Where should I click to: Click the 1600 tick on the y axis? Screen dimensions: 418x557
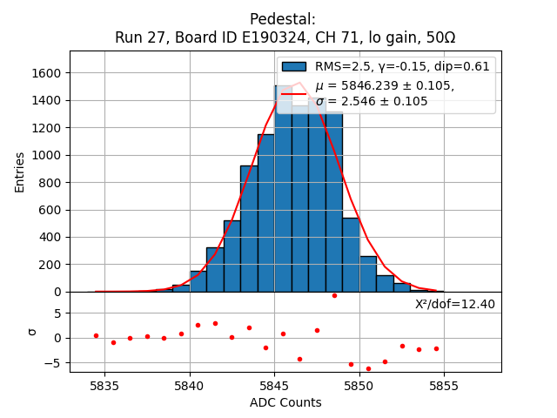[x=46, y=73]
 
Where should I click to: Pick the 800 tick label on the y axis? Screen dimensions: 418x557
[x=50, y=183]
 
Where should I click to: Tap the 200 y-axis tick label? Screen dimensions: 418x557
[x=50, y=265]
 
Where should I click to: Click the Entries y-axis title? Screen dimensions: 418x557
[x=20, y=171]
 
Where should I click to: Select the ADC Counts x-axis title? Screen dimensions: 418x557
[x=285, y=402]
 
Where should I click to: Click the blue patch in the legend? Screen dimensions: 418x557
[x=294, y=66]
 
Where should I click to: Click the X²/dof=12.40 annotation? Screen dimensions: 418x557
[x=455, y=304]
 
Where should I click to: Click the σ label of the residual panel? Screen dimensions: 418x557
[x=32, y=332]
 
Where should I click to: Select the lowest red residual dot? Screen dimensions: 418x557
[x=368, y=368]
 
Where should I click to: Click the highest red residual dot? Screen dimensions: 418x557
[x=334, y=295]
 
